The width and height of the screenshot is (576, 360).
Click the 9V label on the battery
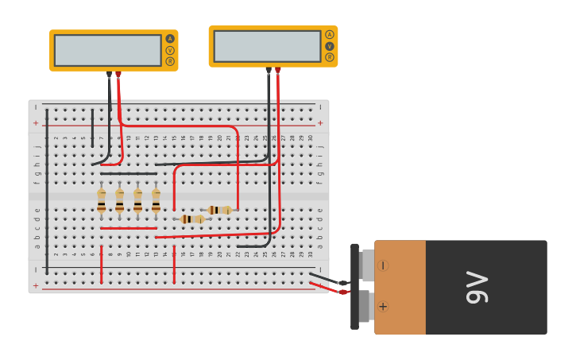(x=477, y=288)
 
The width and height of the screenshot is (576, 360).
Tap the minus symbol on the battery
(x=383, y=265)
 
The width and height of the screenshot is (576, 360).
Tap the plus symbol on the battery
(x=383, y=306)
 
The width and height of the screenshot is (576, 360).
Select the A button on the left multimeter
(x=170, y=39)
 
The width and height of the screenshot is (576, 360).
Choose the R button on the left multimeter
(x=170, y=61)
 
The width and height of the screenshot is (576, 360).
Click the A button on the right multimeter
(x=330, y=35)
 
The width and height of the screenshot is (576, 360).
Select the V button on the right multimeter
(x=330, y=46)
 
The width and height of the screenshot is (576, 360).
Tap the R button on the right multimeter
(x=330, y=57)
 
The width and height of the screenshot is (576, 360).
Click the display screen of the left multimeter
(x=107, y=50)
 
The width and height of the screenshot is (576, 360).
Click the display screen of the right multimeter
(x=267, y=46)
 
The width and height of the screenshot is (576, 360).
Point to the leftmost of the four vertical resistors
(x=102, y=199)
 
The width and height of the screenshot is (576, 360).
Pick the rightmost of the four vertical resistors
(x=156, y=199)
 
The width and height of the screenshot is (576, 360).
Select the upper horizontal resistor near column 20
(x=218, y=210)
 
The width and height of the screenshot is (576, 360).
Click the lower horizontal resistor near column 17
(x=191, y=219)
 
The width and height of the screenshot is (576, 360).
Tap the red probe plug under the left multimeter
(x=118, y=75)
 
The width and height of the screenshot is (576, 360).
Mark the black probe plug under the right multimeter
(x=269, y=71)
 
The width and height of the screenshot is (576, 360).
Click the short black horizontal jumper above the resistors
(x=128, y=173)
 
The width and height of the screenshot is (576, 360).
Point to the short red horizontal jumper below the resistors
(x=128, y=228)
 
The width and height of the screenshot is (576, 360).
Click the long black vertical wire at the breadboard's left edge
(x=47, y=191)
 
